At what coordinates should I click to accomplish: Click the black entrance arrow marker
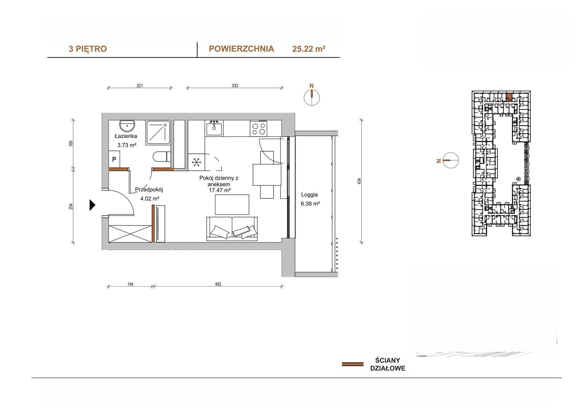92,205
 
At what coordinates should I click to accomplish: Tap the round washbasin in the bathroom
127,126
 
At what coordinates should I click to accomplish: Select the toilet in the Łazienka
162,157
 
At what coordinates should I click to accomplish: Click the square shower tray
158,133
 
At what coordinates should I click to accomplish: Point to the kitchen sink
214,129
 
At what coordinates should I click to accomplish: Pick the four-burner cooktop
258,128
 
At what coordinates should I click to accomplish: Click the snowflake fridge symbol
196,162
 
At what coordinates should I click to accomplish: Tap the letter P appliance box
114,159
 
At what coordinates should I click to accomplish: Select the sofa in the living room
232,229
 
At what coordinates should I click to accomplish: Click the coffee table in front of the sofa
232,205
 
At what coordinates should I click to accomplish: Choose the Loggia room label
309,195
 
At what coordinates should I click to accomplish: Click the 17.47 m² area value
220,190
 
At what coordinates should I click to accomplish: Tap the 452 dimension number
218,284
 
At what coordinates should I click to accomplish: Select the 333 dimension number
235,86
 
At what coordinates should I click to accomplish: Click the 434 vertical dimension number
359,181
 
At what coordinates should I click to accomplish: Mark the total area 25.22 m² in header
309,49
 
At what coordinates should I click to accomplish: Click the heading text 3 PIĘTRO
88,49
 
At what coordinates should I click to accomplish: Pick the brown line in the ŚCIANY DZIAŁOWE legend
352,364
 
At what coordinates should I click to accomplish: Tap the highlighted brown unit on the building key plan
509,97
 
